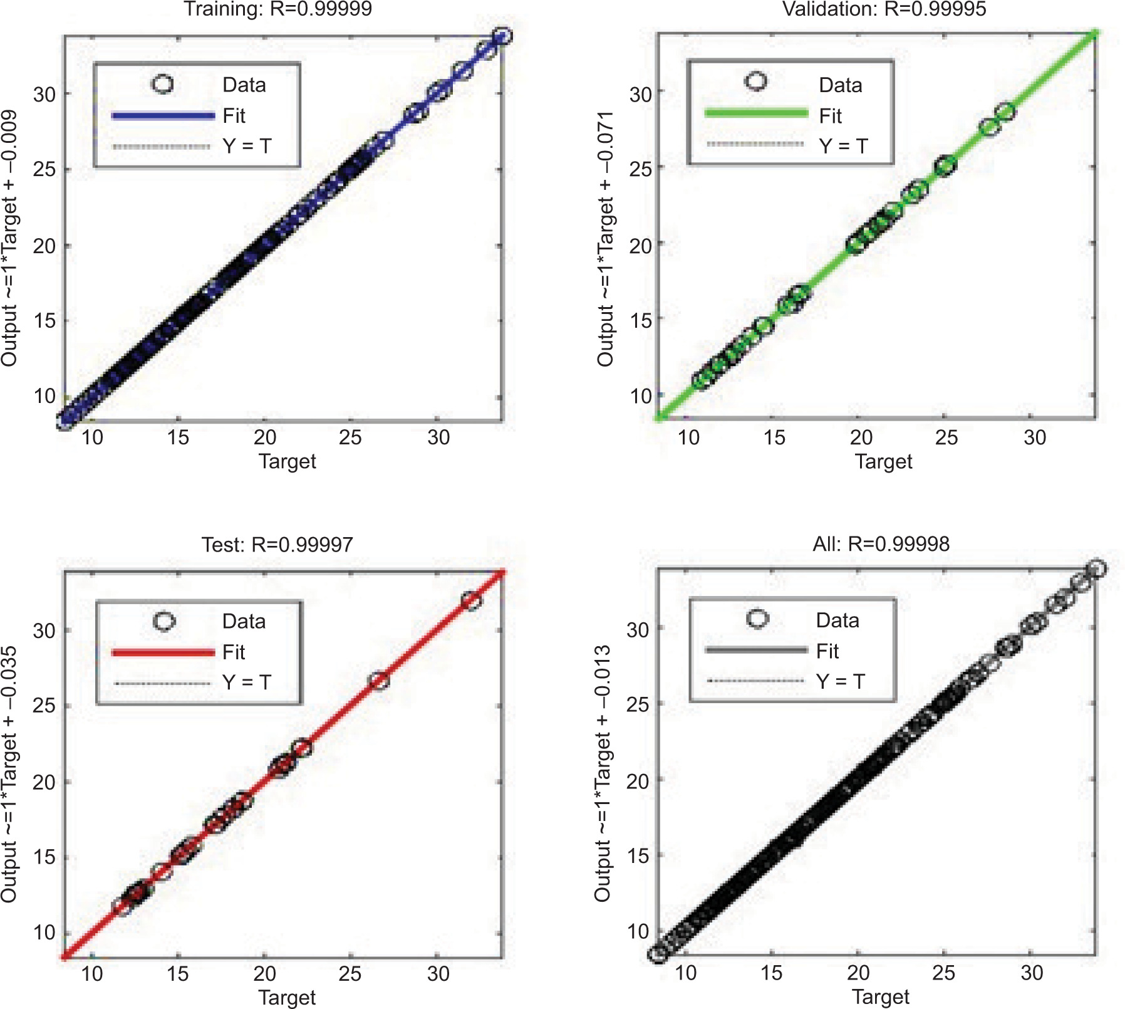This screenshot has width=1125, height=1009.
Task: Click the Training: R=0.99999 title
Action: click(277, 9)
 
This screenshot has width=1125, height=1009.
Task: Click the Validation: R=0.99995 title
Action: click(884, 9)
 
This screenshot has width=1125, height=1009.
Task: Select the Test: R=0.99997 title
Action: click(277, 544)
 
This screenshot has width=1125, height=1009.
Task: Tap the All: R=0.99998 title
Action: click(881, 543)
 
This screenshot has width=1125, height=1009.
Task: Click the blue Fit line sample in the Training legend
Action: click(163, 115)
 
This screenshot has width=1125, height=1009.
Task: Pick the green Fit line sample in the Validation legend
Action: click(756, 113)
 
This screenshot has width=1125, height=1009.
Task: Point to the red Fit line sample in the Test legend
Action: click(163, 652)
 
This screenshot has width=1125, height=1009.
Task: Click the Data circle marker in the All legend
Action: click(757, 619)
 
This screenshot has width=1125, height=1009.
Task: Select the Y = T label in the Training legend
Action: click(247, 146)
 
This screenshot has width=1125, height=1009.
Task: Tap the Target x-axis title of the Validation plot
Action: click(883, 461)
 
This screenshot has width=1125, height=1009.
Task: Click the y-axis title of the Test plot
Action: click(9, 773)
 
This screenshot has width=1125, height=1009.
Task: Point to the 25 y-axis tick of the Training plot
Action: click(44, 169)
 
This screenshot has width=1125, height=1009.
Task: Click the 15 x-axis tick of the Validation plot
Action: click(774, 437)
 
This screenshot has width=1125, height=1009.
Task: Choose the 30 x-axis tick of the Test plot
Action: click(438, 973)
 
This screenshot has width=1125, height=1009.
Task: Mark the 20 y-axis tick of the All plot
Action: click(638, 781)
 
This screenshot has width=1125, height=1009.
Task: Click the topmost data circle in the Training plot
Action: click(502, 36)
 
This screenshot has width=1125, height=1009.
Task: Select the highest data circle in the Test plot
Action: click(471, 600)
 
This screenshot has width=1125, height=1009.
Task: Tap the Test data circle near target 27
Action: click(378, 681)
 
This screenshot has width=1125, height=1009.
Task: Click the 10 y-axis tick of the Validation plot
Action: click(641, 395)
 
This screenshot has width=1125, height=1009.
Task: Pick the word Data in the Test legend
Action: click(244, 621)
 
